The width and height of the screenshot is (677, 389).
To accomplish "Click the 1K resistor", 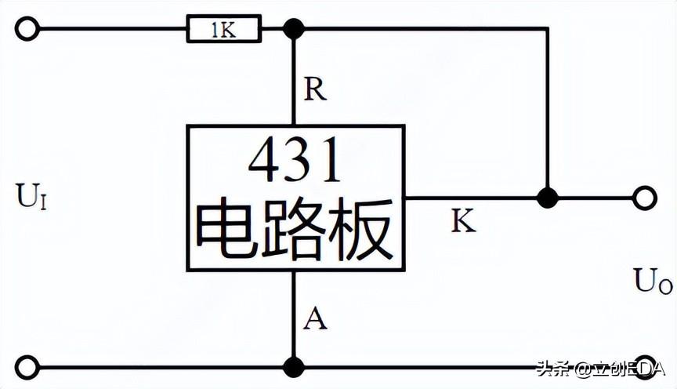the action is (223, 30).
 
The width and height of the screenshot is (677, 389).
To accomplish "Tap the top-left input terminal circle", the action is (27, 30).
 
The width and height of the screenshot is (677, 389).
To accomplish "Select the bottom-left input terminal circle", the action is (27, 366).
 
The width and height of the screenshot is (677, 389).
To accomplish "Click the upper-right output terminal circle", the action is (645, 198).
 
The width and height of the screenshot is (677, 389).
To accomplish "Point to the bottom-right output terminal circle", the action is (645, 366).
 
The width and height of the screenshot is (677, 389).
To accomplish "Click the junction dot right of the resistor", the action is (294, 30).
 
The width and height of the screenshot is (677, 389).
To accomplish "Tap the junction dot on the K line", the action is (548, 198).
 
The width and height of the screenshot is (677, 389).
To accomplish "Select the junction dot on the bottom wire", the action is (294, 366).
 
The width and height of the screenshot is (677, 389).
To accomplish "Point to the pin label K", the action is (462, 222).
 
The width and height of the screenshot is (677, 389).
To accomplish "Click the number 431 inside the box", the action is (295, 162).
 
